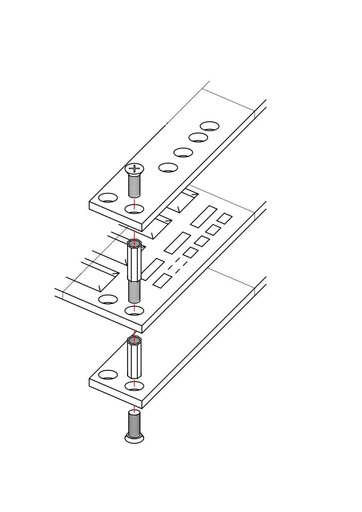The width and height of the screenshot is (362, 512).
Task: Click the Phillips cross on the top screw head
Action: pos(134,168)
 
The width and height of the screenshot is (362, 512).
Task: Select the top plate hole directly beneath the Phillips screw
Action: pos(134,209)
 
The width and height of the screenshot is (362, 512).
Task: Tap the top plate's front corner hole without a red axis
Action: pos(108,198)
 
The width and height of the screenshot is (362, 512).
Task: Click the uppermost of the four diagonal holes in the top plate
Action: pos(210,126)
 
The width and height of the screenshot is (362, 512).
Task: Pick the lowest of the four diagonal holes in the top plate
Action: pos(168,167)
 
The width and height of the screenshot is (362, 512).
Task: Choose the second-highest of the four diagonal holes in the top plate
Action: pos(198,137)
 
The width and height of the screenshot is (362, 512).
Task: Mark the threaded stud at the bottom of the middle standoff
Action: pos(134,292)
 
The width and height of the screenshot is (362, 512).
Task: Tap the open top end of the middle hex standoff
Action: pos(134,243)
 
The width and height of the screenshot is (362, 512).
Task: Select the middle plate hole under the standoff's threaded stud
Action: pos(134,311)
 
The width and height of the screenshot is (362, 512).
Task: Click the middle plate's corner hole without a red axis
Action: pos(108,299)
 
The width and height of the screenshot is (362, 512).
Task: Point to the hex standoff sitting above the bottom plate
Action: pos(134,359)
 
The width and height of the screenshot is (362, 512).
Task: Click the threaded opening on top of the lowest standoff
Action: pos(134,340)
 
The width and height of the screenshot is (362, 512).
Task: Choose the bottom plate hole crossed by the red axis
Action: pos(134,386)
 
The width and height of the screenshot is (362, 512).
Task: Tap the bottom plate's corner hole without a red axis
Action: pos(108,375)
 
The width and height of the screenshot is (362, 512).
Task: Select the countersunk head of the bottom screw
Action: pos(134,438)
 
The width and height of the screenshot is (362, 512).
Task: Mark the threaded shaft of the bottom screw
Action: pos(134,422)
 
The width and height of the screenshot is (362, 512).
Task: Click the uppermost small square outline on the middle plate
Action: pos(224,218)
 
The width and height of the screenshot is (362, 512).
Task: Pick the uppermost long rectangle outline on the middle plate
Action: pos(203,217)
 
